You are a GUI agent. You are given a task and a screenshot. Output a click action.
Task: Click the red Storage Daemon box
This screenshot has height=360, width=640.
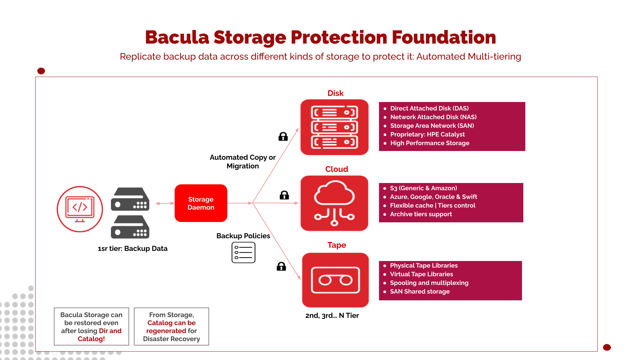(x=201, y=203)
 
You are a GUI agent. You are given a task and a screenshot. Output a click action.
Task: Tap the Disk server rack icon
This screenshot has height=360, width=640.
(x=334, y=127)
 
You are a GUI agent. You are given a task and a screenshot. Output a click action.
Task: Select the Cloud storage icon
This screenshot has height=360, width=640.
(x=334, y=203)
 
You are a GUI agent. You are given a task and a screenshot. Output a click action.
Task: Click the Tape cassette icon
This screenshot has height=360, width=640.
(x=335, y=280)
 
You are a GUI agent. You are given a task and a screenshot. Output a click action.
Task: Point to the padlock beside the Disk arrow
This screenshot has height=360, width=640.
(x=283, y=136)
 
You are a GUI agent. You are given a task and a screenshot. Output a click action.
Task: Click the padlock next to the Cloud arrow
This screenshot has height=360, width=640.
(x=284, y=195)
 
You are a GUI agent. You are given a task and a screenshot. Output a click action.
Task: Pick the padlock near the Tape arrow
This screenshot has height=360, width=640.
(x=281, y=266)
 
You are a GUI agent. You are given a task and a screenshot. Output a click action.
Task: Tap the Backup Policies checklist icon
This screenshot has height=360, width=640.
(x=243, y=252)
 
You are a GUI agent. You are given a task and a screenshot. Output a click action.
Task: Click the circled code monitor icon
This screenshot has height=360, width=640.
(x=80, y=209)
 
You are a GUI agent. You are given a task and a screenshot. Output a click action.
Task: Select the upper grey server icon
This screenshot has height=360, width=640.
(x=130, y=199)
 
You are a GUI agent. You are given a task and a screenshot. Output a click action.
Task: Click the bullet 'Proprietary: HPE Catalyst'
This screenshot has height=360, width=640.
(x=427, y=134)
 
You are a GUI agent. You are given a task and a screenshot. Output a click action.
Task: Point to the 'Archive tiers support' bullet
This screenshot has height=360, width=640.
(x=421, y=214)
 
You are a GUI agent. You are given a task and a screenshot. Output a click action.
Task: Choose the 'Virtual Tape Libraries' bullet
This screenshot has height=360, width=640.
(x=421, y=274)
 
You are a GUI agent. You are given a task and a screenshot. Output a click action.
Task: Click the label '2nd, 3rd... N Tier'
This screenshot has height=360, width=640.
(x=332, y=315)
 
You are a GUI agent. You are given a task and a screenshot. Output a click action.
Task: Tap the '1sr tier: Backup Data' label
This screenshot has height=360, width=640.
(x=132, y=248)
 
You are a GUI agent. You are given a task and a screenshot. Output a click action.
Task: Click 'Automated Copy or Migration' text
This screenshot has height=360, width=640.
(x=243, y=161)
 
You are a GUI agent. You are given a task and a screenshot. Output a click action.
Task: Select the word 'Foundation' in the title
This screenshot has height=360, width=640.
(x=444, y=37)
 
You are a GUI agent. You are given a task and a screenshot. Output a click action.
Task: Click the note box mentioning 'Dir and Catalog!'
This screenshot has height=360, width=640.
(x=91, y=326)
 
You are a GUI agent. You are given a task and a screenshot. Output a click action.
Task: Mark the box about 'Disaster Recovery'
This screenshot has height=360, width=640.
(x=171, y=326)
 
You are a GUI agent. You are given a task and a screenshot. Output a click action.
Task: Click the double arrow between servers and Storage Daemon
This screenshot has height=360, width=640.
(x=165, y=203)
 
